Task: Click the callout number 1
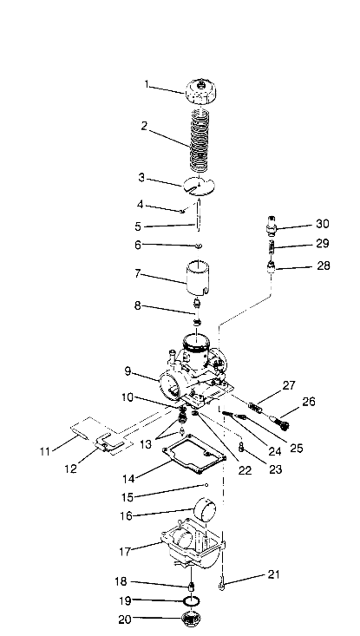[147, 85]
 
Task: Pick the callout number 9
[128, 371]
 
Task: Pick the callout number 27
[289, 385]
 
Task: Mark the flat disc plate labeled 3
[199, 184]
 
